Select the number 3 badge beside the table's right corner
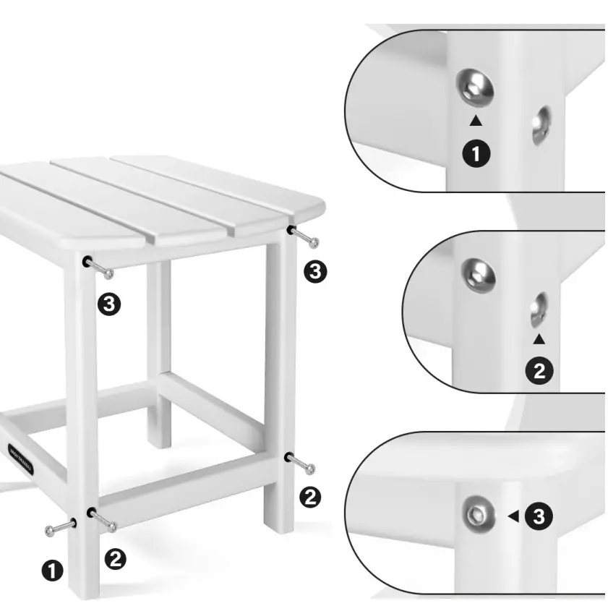[316, 271]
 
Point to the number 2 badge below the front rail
[116, 558]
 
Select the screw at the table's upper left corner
[98, 267]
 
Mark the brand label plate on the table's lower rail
[20, 456]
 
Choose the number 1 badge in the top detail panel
[476, 153]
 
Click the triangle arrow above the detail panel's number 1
[476, 121]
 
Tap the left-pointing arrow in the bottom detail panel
[513, 516]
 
